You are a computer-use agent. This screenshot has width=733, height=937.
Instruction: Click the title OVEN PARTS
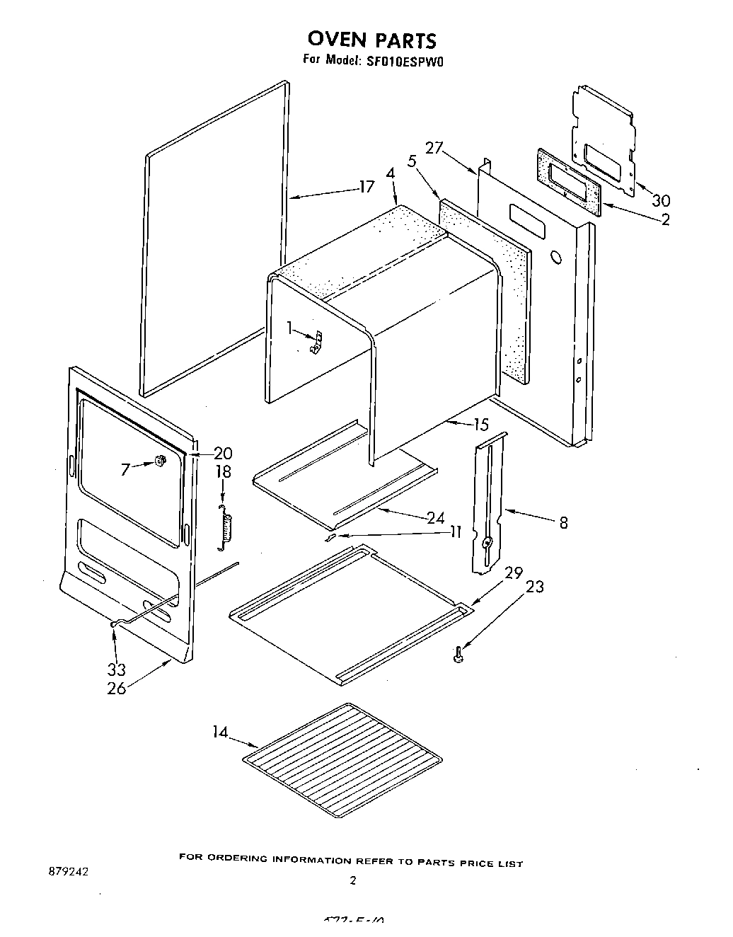coord(371,40)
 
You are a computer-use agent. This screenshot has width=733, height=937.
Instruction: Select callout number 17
coord(366,188)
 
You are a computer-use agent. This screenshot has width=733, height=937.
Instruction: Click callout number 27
coord(434,149)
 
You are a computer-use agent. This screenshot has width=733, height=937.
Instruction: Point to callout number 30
coord(661,200)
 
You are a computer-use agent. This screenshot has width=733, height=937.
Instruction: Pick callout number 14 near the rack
coord(221,732)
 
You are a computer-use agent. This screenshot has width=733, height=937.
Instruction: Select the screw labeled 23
coord(458,656)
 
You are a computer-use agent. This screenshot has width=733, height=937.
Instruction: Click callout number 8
coord(563,523)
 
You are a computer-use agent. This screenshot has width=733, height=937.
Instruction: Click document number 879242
coord(67,872)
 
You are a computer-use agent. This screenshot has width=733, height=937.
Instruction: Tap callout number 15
coord(481,425)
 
